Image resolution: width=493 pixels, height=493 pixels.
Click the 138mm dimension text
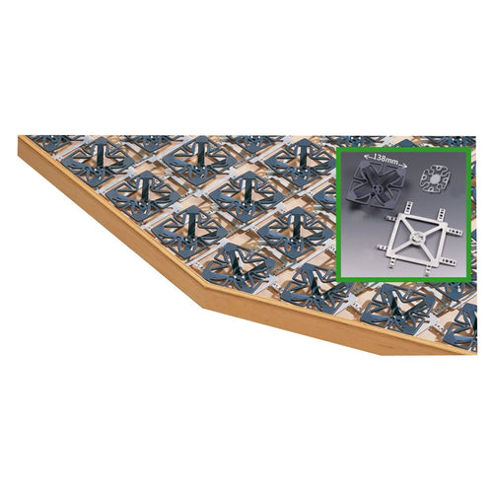[x=386, y=162]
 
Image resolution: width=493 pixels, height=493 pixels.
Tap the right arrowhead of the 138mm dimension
[x=405, y=167]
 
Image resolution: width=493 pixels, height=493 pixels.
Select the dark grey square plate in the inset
[x=378, y=186]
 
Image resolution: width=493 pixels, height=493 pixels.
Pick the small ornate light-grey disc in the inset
[x=435, y=179]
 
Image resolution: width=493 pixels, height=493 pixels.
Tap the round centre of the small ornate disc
[x=435, y=179]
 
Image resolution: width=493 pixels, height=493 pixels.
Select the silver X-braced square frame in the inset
[x=420, y=238]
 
